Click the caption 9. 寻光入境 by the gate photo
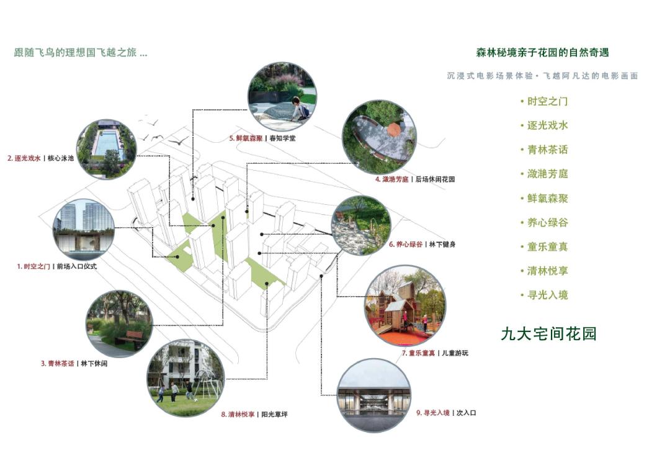tap(432, 413)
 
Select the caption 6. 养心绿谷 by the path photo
tap(406, 245)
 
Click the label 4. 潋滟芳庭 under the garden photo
tap(391, 179)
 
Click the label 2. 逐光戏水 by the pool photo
tap(24, 159)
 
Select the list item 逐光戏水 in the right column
tap(543, 125)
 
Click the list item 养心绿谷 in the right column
tap(543, 222)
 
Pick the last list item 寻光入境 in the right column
tap(543, 295)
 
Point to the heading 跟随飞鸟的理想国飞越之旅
tap(81, 53)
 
